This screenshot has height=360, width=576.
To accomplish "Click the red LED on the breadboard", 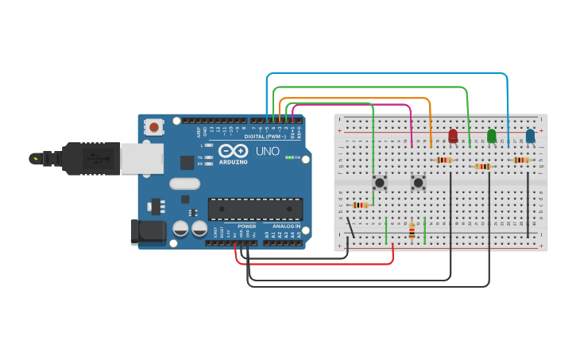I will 453,136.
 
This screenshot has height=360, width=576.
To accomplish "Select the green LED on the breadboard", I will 492,136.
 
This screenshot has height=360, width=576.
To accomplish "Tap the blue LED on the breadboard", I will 530,137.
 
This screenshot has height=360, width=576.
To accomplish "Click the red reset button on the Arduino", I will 153,126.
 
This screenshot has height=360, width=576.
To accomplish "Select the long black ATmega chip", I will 255,208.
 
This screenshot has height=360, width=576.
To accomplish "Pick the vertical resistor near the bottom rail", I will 412,230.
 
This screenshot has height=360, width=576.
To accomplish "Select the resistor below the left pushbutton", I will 360,205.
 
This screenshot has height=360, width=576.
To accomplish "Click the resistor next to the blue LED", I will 520,160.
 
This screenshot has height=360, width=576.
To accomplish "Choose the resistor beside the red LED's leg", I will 444,160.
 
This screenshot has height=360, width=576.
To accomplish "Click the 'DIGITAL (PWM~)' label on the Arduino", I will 265,137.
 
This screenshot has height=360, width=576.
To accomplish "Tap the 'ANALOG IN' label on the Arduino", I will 286,226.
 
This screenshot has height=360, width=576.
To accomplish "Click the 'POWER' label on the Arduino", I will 246,226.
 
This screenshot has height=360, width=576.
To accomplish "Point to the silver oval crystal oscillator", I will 184,184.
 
